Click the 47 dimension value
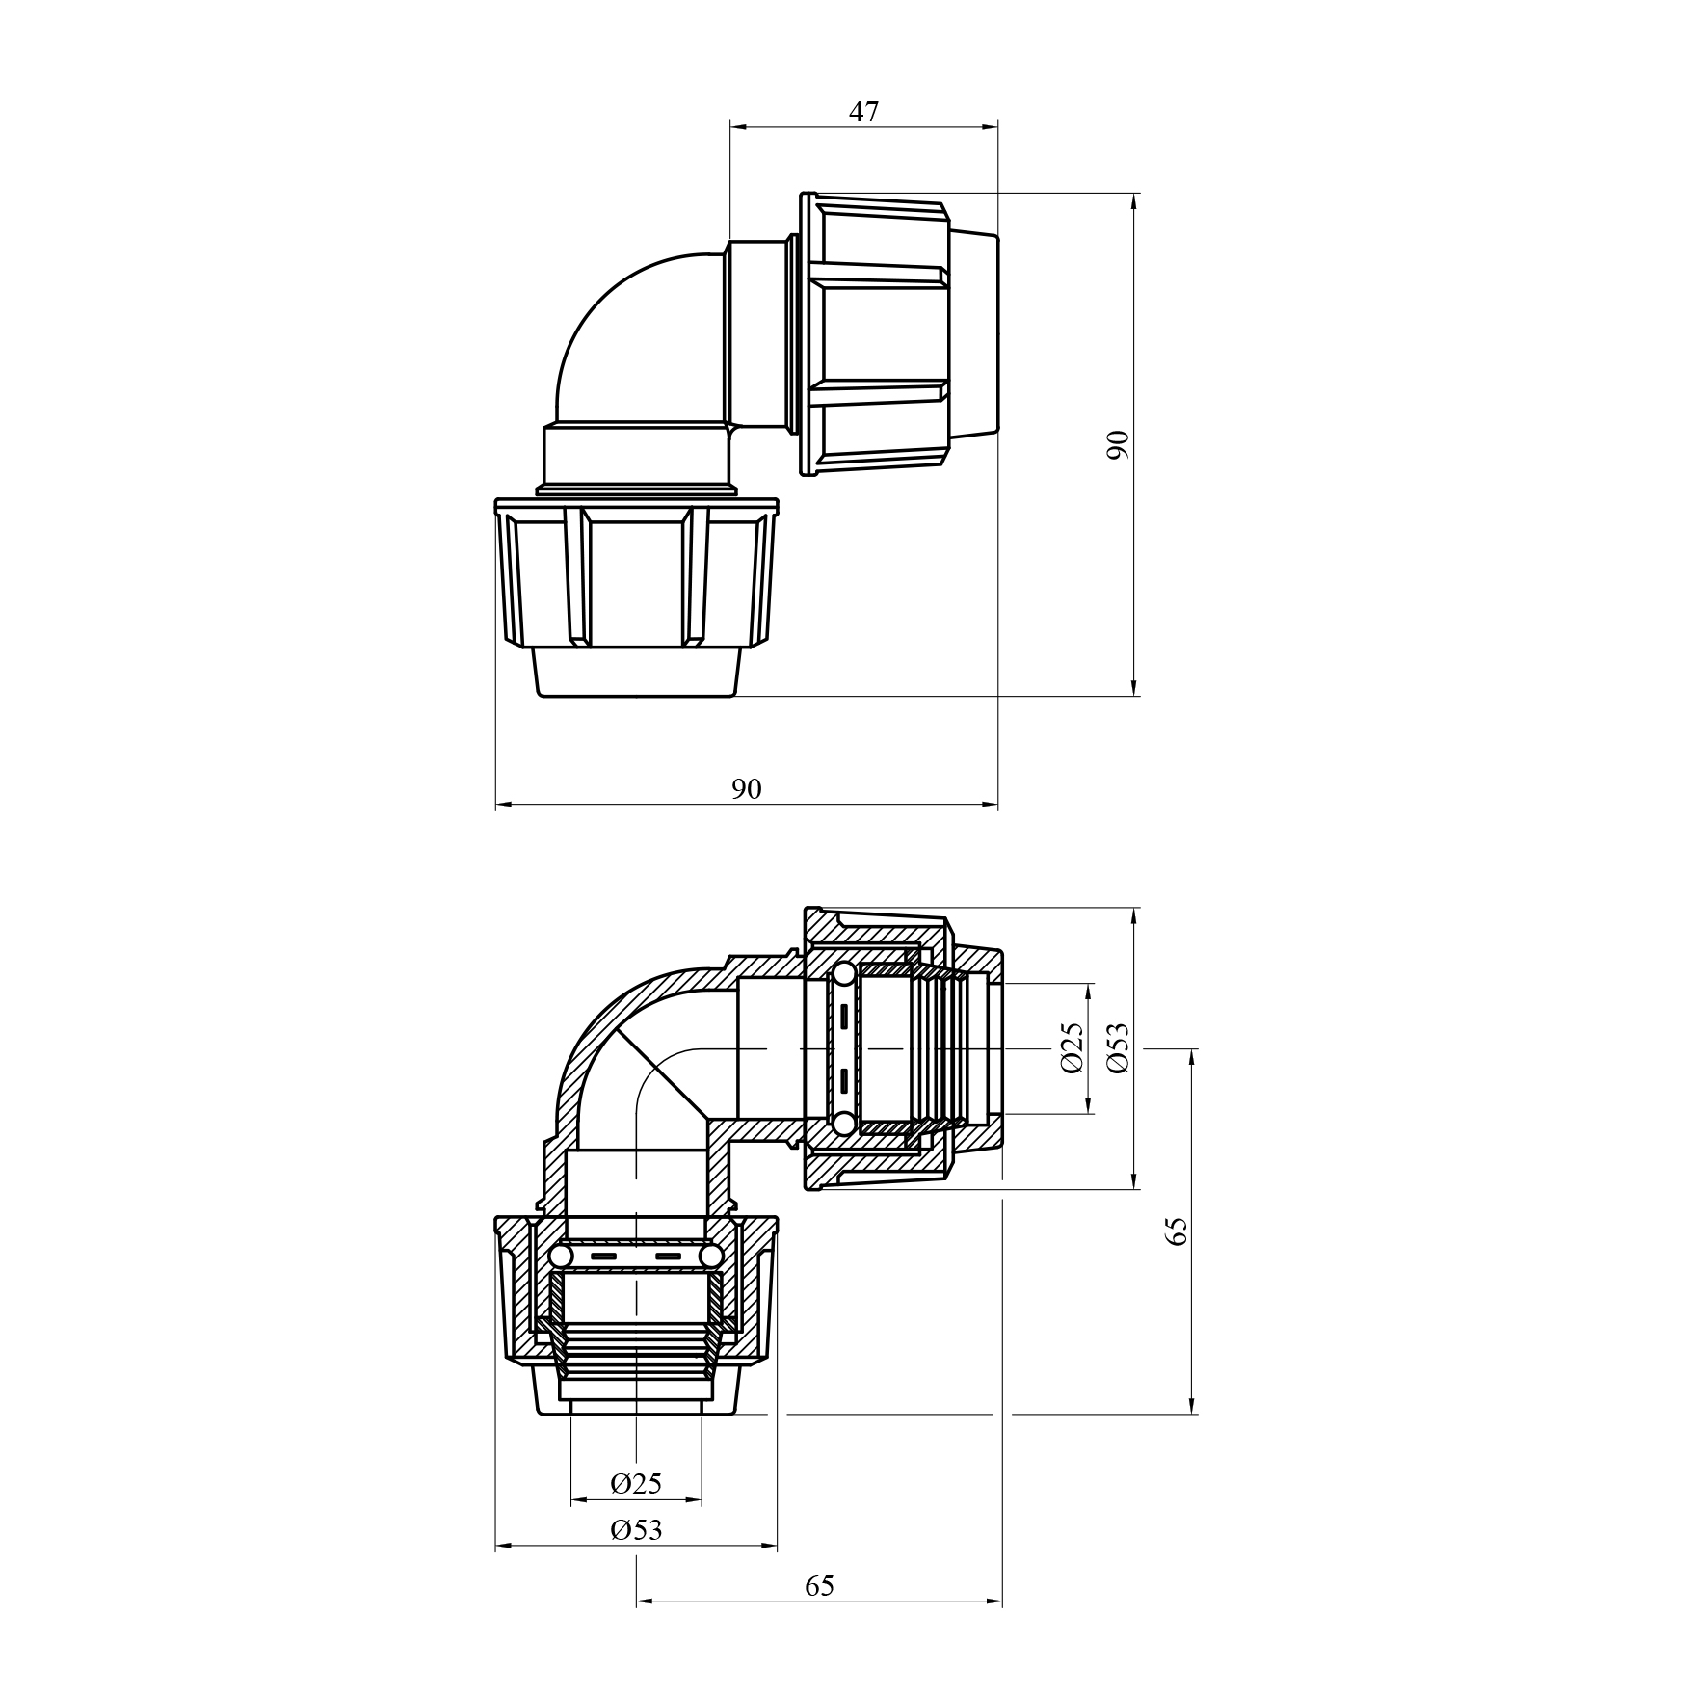863,112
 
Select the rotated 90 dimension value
1118,444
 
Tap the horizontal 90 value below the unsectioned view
746,789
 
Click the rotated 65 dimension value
1177,1231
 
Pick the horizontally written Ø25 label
636,1510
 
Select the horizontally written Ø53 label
636,1556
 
